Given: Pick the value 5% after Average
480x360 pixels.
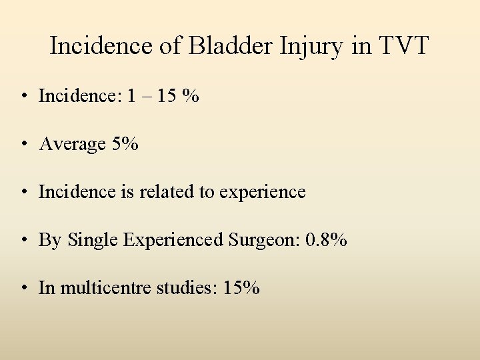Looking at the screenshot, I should [125, 144].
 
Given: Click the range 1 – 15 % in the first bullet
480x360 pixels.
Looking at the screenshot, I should [163, 97].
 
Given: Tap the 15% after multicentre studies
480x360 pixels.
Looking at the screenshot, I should [242, 288].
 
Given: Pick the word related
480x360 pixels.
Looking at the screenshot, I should [168, 192].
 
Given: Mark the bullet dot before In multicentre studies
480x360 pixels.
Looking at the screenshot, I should [23, 289].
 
